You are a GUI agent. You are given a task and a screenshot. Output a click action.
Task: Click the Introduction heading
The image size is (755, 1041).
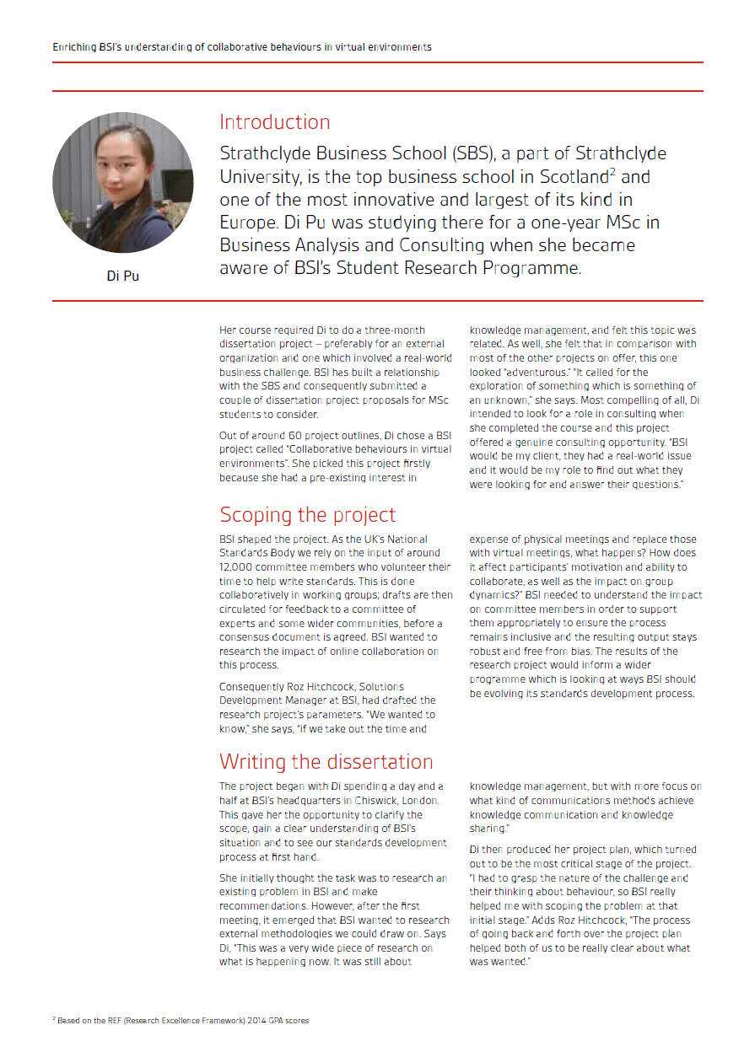(274, 122)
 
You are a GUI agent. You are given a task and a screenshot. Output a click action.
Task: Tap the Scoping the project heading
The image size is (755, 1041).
(307, 514)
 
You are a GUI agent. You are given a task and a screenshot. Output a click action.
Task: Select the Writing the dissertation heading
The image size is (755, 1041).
(326, 761)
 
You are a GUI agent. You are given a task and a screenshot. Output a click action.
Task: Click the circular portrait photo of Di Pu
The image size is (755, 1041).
(123, 183)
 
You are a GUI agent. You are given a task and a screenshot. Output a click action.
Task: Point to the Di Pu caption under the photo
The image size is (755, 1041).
(123, 276)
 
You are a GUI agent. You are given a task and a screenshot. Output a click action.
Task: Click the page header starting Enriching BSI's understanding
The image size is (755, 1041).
(242, 47)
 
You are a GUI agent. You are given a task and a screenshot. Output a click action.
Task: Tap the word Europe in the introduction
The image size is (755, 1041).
(245, 223)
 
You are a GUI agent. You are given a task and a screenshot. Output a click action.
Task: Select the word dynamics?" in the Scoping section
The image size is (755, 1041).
(496, 595)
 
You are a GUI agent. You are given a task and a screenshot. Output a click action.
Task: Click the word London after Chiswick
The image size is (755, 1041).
(420, 801)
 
